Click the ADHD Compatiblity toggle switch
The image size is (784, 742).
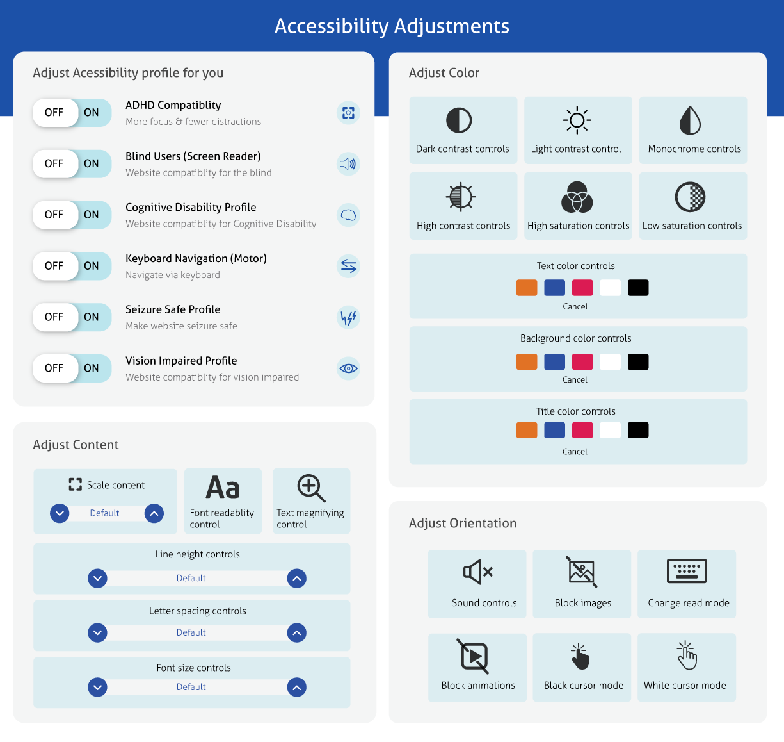click(x=72, y=113)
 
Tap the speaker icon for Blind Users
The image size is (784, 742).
click(x=348, y=164)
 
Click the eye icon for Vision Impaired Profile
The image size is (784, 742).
click(x=348, y=368)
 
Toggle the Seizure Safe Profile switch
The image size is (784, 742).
click(x=72, y=317)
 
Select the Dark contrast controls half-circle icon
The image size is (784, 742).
click(x=459, y=120)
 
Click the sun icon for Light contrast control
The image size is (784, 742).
click(x=577, y=120)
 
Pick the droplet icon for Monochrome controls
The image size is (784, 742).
click(x=690, y=120)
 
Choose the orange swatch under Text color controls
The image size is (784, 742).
click(x=526, y=288)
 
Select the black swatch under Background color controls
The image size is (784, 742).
click(x=638, y=362)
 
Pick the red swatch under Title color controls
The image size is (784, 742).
click(x=582, y=430)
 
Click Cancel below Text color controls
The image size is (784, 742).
click(x=575, y=306)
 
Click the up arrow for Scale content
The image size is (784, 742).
click(x=154, y=513)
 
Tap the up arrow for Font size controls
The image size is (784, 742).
click(x=297, y=687)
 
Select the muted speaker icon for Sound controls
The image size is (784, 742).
click(x=477, y=572)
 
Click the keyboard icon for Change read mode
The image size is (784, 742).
click(x=687, y=571)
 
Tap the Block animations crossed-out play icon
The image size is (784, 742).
click(x=474, y=656)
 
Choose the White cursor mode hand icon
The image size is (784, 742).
click(x=687, y=655)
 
